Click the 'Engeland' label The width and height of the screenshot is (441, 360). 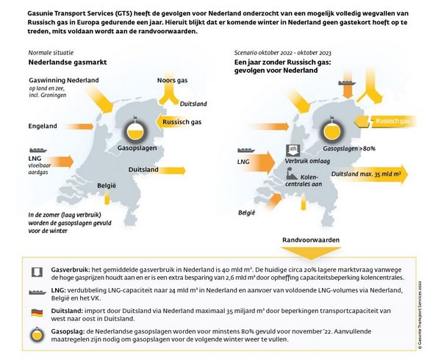click(x=43, y=126)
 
